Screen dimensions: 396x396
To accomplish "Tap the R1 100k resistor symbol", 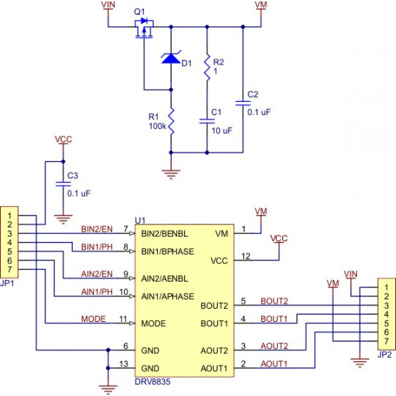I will click(x=171, y=120).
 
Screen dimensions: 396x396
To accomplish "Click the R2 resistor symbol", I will click(x=206, y=66).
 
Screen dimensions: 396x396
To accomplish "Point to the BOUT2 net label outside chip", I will click(x=274, y=301).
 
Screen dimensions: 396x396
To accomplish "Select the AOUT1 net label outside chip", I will click(x=274, y=364).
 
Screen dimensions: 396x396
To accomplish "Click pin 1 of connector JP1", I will click(x=9, y=215).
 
